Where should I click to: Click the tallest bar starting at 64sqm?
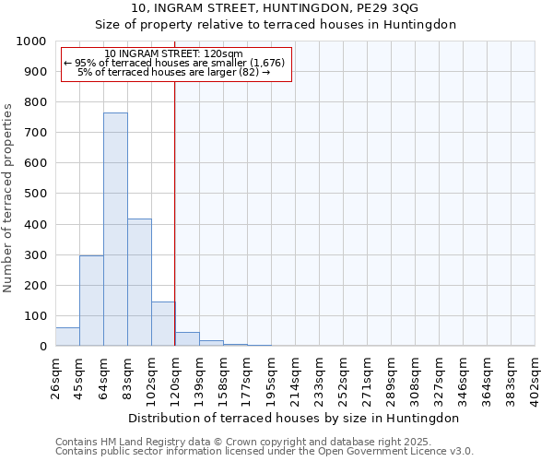point(115,230)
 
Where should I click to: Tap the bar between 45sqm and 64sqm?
point(91,301)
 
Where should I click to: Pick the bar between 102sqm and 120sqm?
point(163,324)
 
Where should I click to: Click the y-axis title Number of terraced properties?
point(8,198)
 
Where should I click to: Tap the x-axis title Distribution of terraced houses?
point(294,418)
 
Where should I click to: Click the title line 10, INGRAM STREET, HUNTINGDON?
point(276,8)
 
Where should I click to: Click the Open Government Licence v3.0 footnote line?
point(265,452)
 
